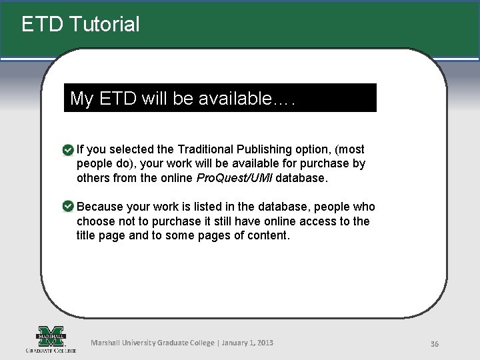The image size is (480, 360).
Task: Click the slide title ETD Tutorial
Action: point(81,25)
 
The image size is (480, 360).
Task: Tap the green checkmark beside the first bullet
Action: point(68,150)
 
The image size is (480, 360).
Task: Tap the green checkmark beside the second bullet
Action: point(68,207)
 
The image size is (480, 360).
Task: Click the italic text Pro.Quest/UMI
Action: point(234,178)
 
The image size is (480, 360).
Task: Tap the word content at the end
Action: point(267,235)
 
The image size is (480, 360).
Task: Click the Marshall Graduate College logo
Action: point(51,339)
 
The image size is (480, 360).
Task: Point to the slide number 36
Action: point(434,344)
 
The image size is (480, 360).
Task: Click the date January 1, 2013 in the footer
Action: point(247,343)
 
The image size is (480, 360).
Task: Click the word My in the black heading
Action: point(81,99)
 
